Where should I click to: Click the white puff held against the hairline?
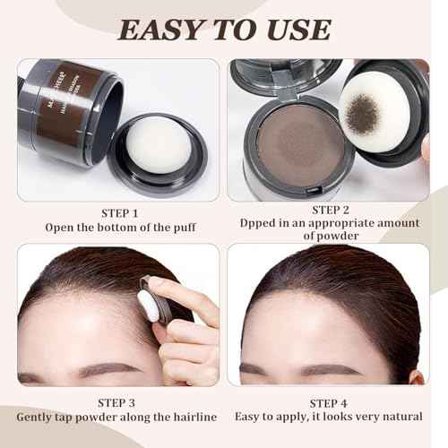coord(148,306)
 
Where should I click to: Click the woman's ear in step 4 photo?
coord(416,375)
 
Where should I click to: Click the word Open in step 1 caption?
coord(60,228)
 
